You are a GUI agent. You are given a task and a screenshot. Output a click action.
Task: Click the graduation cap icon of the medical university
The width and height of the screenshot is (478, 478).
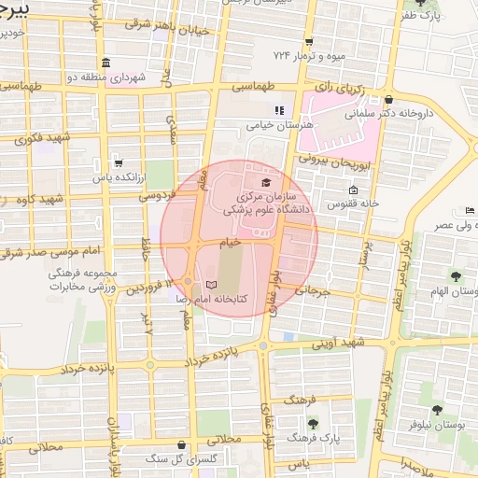pyautogui.click(x=266, y=182)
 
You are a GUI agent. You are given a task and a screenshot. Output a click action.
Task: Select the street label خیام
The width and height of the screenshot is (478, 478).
pyautogui.click(x=230, y=241)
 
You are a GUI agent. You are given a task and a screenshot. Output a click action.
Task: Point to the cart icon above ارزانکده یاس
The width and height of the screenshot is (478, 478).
pyautogui.click(x=117, y=161)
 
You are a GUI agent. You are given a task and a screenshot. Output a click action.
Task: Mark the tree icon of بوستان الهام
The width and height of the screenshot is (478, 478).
pyautogui.click(x=456, y=277)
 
